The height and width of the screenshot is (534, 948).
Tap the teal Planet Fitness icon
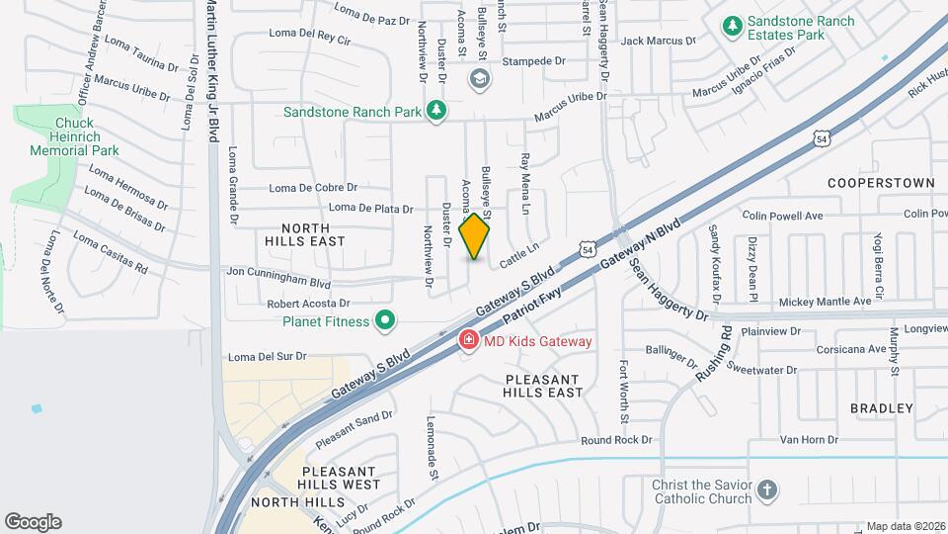(386, 320)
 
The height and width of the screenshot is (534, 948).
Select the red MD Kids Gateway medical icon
(468, 341)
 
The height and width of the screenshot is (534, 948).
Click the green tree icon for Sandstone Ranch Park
(434, 112)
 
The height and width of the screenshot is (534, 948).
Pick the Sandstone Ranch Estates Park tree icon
(732, 27)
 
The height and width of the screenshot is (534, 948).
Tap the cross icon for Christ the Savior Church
(767, 490)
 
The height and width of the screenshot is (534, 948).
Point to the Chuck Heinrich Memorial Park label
(74, 136)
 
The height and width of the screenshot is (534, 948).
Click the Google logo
(33, 522)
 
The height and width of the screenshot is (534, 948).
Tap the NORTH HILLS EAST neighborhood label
(305, 233)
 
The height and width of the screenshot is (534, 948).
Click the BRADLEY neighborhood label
(881, 408)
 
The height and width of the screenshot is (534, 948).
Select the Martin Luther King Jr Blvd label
(210, 59)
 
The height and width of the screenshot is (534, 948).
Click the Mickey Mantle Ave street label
(826, 301)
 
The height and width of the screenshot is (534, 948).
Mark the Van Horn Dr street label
(809, 439)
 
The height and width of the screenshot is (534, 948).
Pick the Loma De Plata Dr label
(370, 208)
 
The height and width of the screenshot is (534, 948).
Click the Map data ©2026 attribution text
(905, 526)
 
